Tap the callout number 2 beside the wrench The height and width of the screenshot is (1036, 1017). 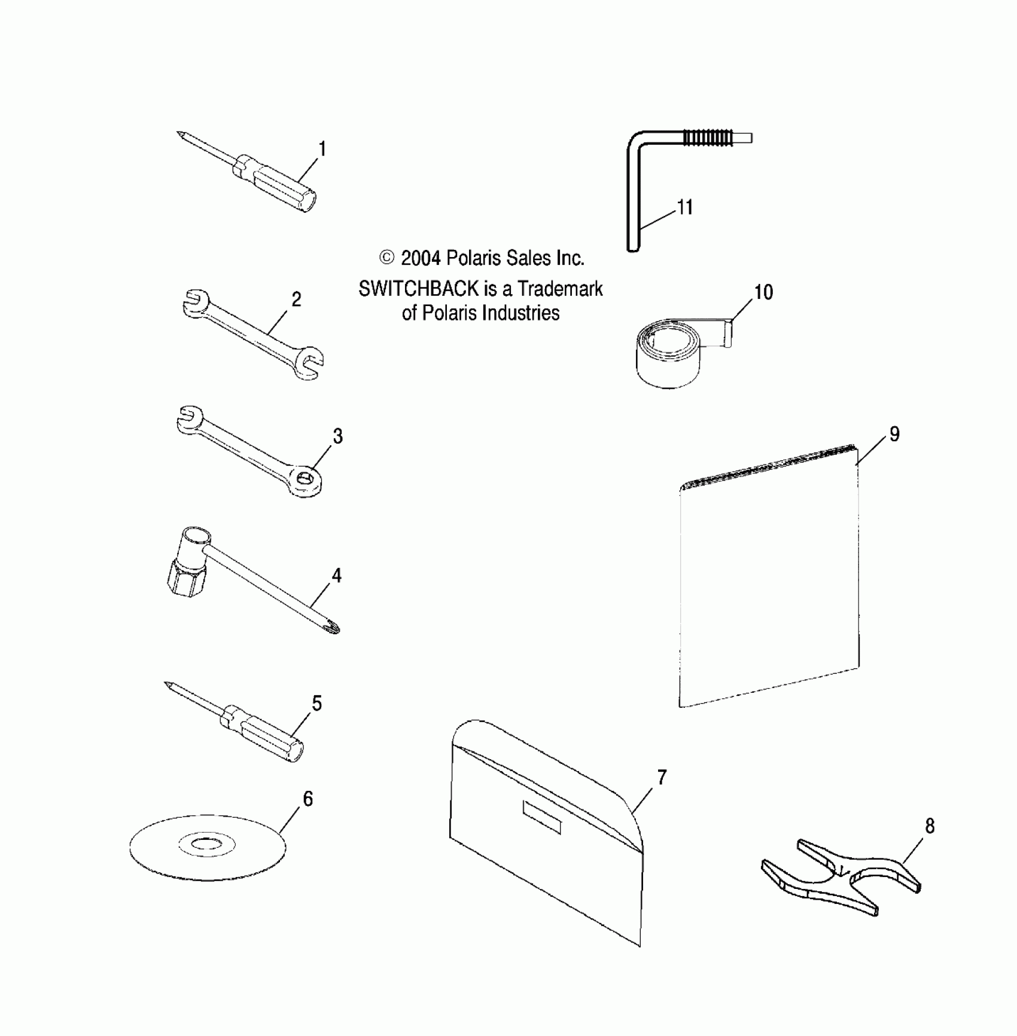(296, 300)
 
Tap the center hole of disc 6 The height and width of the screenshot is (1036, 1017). (207, 845)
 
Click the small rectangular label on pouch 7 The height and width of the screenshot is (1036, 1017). (542, 817)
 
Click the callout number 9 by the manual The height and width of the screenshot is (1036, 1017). (894, 434)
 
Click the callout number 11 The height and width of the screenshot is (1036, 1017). (684, 207)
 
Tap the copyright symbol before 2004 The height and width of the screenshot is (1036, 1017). (387, 258)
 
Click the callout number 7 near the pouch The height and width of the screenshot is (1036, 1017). (662, 777)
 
